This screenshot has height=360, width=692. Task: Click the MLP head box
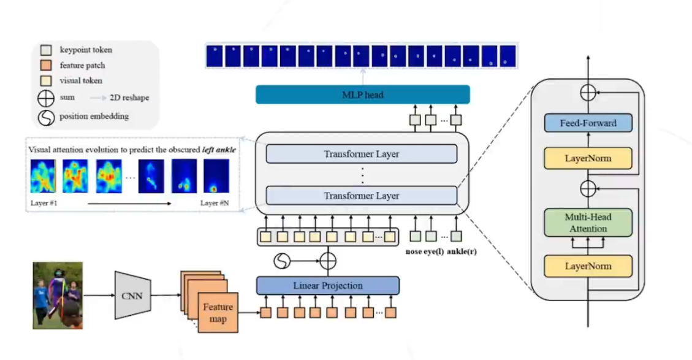coord(362,95)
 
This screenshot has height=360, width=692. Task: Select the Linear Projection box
coord(328,285)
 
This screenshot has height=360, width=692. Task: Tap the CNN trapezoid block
coord(132,296)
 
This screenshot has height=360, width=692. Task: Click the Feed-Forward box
coord(588,123)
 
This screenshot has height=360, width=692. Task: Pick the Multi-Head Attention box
coord(588,223)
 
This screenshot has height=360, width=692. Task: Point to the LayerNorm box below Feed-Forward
coord(588,159)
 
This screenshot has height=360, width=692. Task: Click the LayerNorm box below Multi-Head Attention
coord(588,266)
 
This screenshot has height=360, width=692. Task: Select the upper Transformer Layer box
coord(362,154)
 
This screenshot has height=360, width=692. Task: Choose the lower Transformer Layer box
coord(362,196)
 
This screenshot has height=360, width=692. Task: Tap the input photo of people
coord(58,296)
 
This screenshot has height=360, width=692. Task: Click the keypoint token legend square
coord(46,50)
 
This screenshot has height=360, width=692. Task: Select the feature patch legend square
coord(46,66)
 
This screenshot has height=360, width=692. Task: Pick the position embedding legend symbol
coord(46,117)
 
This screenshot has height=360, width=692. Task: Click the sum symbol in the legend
coord(46,98)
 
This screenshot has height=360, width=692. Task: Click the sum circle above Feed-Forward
coord(588,93)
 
